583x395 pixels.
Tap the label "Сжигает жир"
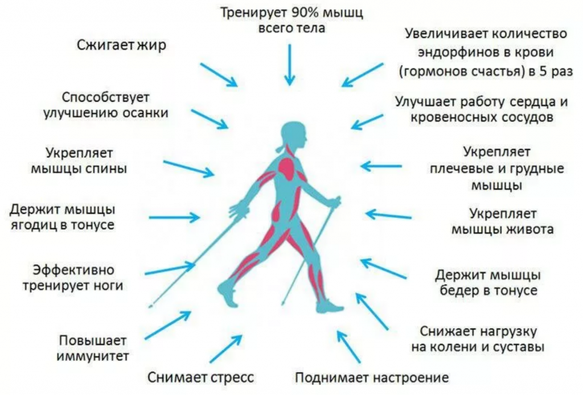(122, 46)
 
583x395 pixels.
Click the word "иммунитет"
(93, 356)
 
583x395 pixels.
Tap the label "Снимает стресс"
(201, 377)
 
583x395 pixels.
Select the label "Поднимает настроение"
(372, 378)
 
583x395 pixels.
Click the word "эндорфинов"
(459, 52)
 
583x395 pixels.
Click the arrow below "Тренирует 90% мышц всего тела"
(290, 65)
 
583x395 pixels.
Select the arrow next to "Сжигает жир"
(219, 75)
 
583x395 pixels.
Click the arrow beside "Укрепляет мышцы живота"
(388, 215)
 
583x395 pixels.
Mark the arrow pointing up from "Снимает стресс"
(225, 348)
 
